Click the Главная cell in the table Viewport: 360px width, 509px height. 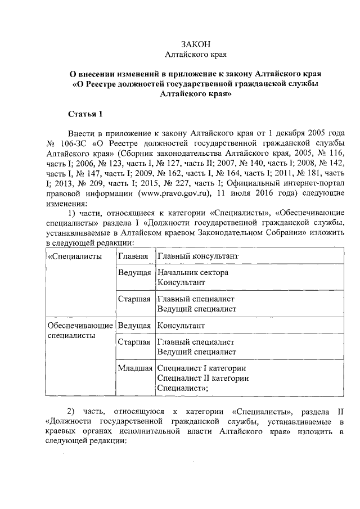pos(133,256)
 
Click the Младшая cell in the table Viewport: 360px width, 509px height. pos(136,368)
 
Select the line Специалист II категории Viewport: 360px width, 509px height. pos(203,378)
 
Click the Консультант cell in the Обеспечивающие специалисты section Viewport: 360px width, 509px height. pos(181,326)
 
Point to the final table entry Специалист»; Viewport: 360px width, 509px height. pos(183,388)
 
